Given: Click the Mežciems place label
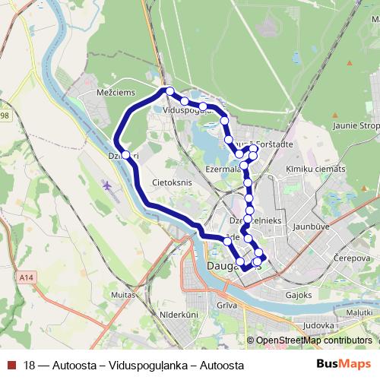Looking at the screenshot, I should coord(117,93).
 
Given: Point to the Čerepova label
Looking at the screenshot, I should coord(351,258).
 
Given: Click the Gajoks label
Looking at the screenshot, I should coord(299,293).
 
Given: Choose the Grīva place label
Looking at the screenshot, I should coord(228,306).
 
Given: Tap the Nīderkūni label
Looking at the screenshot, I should coord(180,313).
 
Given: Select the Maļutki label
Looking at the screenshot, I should coord(359,312).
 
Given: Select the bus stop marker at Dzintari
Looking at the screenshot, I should coord(125,156).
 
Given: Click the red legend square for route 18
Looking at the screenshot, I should coord(11,366).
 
